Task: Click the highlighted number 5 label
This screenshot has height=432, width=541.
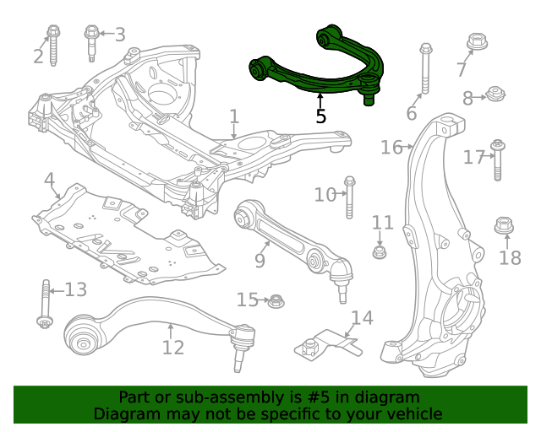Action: pyautogui.click(x=320, y=115)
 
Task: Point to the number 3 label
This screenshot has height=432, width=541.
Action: pyautogui.click(x=120, y=35)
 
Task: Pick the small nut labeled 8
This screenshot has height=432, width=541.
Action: pyautogui.click(x=495, y=94)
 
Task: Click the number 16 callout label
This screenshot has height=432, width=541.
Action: pyautogui.click(x=391, y=148)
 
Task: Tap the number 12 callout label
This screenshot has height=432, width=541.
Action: pyautogui.click(x=172, y=347)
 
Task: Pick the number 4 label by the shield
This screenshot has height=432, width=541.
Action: pyautogui.click(x=50, y=180)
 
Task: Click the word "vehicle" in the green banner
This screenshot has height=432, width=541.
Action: pyautogui.click(x=413, y=413)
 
